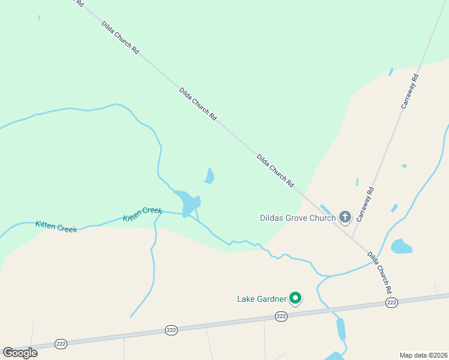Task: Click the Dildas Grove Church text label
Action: [297, 218]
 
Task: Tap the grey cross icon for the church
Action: [345, 217]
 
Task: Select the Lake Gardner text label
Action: [262, 298]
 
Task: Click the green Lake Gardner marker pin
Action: [295, 298]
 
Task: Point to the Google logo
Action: [20, 353]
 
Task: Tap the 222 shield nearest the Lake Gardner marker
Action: [281, 316]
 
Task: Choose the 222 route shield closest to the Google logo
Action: [61, 344]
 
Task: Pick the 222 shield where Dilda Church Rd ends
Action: [391, 303]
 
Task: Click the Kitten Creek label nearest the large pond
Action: [143, 214]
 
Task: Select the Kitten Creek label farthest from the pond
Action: [56, 226]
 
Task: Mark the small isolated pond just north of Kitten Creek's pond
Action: [209, 175]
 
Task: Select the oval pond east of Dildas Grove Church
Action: [401, 246]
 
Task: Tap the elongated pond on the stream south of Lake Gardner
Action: [341, 329]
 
